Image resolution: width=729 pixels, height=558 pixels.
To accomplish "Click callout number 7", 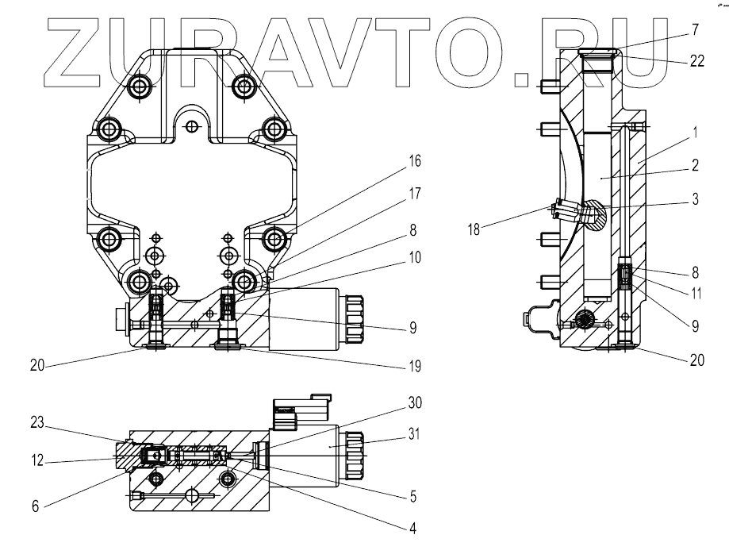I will click(694, 30).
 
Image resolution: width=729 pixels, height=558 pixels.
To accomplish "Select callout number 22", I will click(696, 60).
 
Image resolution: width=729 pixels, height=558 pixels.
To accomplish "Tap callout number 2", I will click(694, 166).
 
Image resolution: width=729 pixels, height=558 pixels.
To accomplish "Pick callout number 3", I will click(694, 200).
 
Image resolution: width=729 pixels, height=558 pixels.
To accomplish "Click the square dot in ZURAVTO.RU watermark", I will click(523, 78).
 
